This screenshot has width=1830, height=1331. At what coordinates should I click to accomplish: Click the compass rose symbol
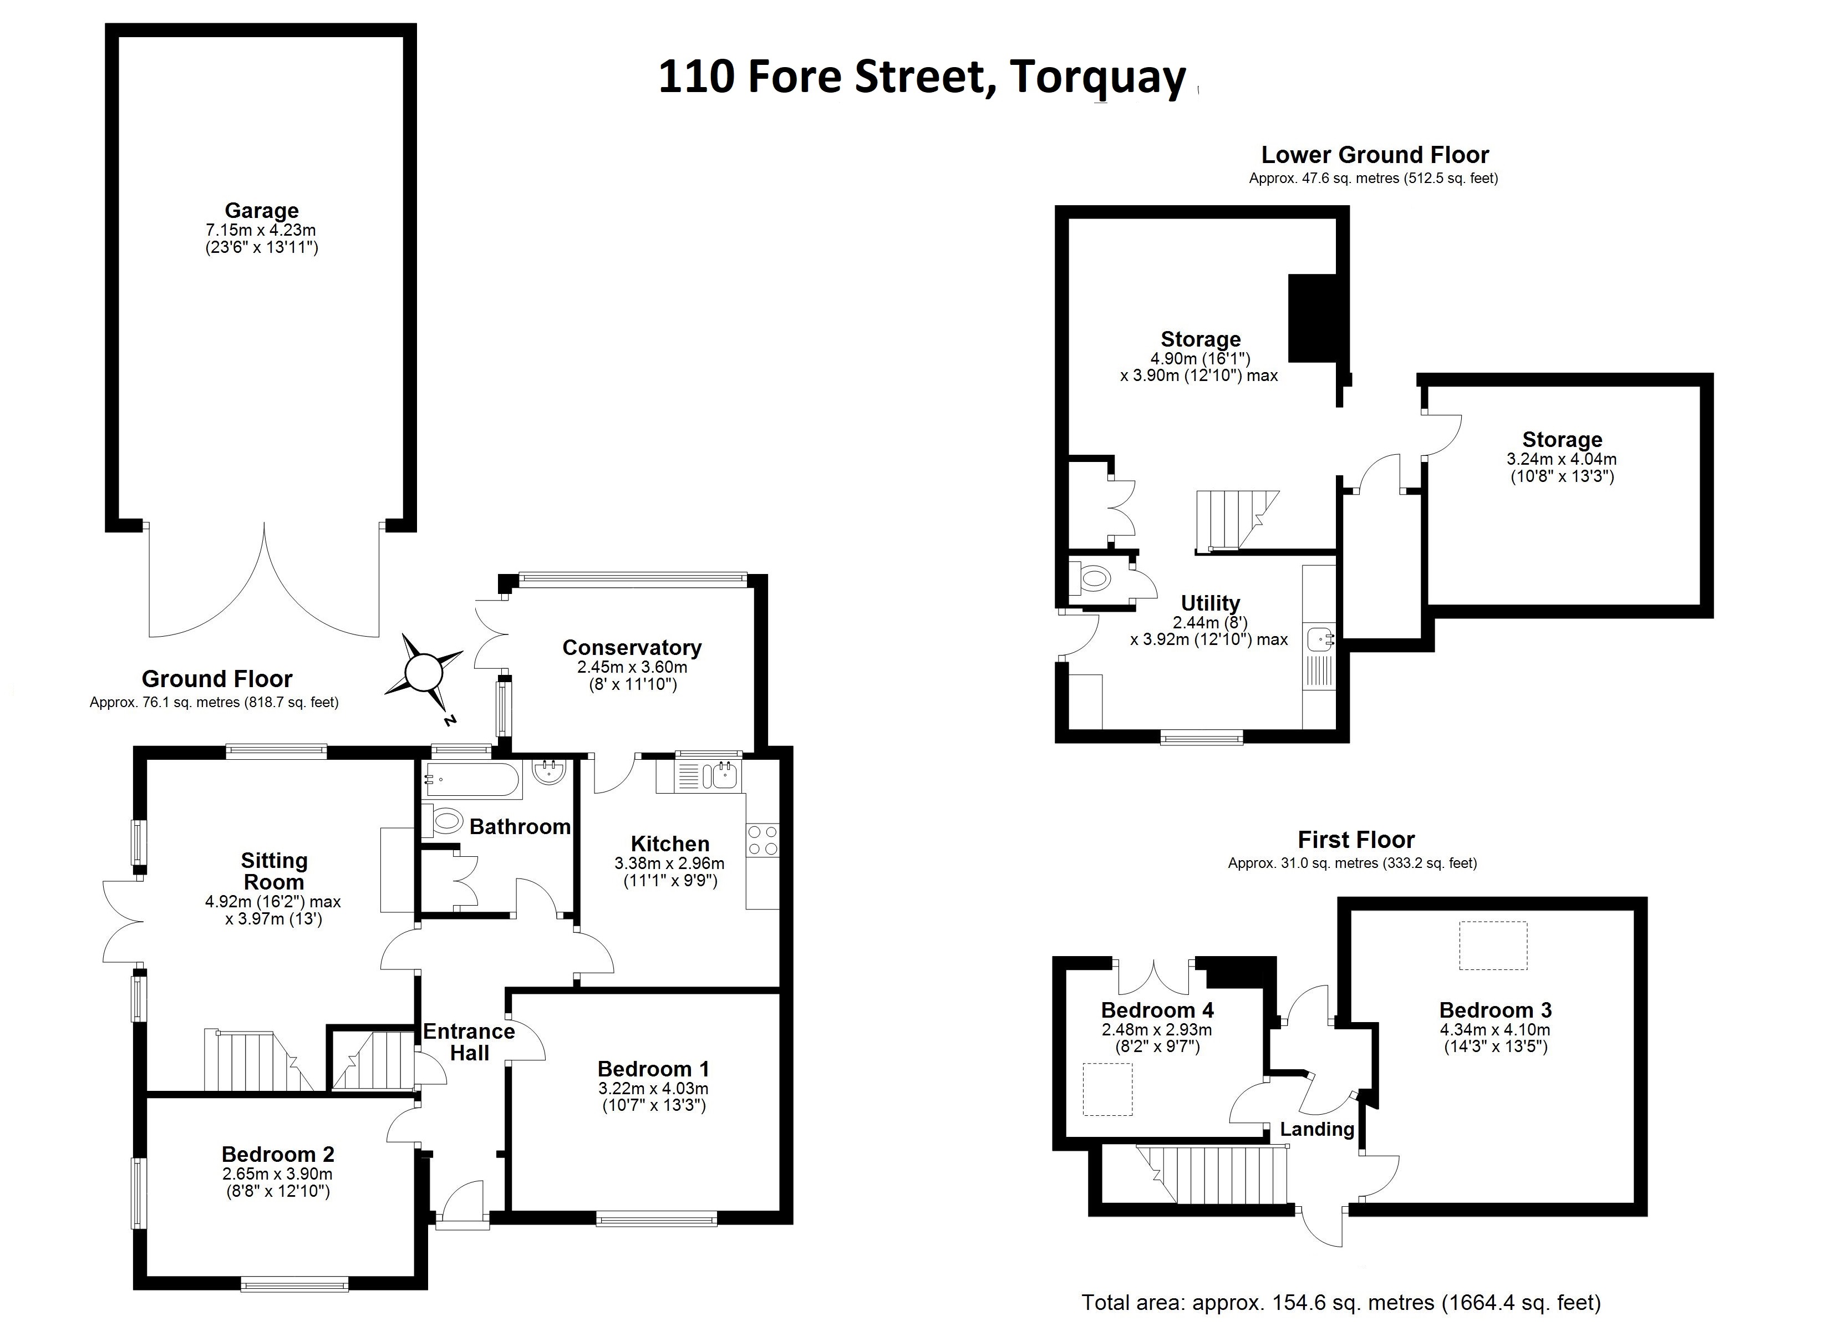click(x=423, y=672)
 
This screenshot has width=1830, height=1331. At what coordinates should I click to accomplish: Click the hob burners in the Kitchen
click(x=762, y=840)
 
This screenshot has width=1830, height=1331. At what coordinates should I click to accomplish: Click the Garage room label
click(x=261, y=211)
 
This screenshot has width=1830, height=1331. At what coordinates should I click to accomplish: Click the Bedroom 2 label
click(x=278, y=1154)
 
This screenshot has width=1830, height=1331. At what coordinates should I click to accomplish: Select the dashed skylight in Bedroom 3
click(x=1493, y=945)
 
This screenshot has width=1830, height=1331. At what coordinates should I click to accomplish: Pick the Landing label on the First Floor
click(x=1317, y=1129)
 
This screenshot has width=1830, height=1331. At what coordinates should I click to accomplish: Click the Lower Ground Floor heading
click(x=1374, y=155)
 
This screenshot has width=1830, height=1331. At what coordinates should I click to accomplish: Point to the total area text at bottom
click(x=1341, y=1302)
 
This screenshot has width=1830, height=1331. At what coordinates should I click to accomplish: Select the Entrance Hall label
click(x=469, y=1042)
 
